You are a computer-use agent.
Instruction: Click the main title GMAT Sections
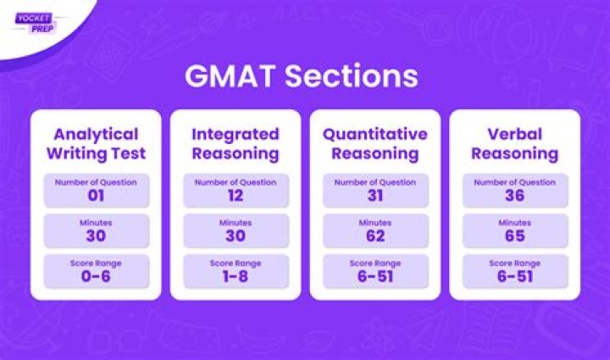302,75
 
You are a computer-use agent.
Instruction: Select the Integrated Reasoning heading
235,143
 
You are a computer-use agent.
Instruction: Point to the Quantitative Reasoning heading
374,143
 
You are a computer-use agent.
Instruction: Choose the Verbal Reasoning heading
514,143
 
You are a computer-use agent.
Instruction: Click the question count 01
95,196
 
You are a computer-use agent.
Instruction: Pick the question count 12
235,196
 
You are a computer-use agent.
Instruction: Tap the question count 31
374,196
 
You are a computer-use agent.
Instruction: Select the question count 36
514,196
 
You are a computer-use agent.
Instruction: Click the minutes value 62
374,236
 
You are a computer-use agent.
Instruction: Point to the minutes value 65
514,236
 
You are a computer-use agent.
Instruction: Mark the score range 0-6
95,277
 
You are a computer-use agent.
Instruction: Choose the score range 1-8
235,277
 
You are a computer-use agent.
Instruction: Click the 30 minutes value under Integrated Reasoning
235,236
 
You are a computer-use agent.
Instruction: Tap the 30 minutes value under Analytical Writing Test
95,236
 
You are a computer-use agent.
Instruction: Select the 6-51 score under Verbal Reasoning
514,277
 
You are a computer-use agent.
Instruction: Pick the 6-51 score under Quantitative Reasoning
374,277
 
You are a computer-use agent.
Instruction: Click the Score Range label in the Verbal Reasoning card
514,263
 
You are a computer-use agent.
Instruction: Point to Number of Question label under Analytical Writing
95,182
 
